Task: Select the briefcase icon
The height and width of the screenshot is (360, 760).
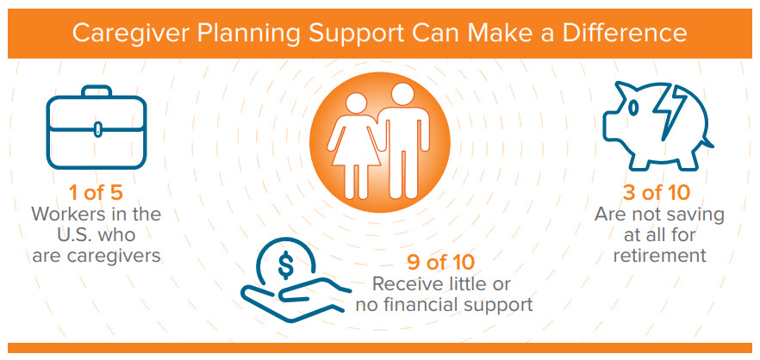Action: point(96,127)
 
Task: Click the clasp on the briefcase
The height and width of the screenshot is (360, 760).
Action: point(97,129)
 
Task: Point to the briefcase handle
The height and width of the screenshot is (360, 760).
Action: point(97,91)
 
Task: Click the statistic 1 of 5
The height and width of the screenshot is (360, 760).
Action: point(97,193)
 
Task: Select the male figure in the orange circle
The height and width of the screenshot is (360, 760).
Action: point(402,140)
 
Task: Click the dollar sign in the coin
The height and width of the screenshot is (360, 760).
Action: point(285,264)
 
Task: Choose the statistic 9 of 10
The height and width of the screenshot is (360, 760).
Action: point(440,263)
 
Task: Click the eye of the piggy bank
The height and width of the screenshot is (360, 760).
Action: point(633,109)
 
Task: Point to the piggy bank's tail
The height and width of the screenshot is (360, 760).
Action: point(708,142)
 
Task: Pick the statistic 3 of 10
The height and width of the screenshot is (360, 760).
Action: point(657,193)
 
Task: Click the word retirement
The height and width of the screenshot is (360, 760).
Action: point(659,255)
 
